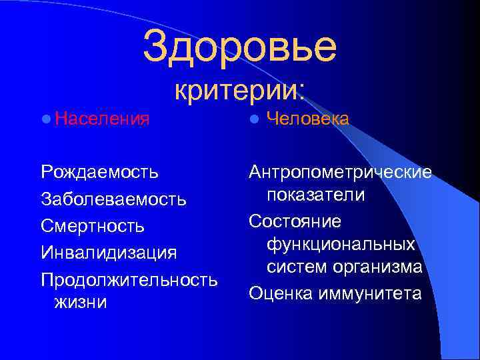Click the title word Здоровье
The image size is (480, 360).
pyautogui.click(x=239, y=45)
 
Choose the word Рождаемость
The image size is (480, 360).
pyautogui.click(x=99, y=172)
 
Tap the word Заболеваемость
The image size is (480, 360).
pyautogui.click(x=113, y=199)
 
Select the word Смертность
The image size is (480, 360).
pyautogui.click(x=92, y=226)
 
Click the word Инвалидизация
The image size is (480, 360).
pyautogui.click(x=109, y=253)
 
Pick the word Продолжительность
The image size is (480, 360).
pyautogui.click(x=129, y=279)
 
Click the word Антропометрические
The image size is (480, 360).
pyautogui.click(x=340, y=172)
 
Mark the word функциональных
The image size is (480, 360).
pyautogui.click(x=341, y=244)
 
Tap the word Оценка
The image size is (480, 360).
pyautogui.click(x=279, y=292)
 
